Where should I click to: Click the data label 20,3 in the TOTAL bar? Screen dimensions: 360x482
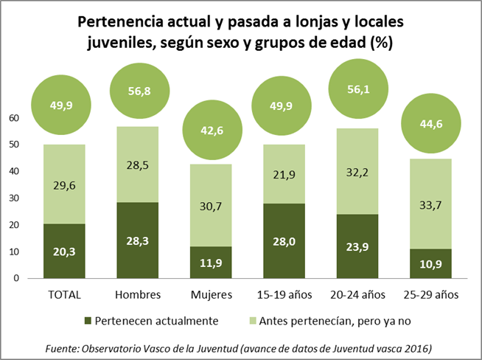(64, 251)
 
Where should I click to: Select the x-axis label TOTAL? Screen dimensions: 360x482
(64, 295)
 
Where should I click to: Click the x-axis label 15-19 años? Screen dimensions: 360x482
(284, 295)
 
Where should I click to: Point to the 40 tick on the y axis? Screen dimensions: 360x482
(13, 171)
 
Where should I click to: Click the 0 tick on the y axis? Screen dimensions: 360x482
(15, 278)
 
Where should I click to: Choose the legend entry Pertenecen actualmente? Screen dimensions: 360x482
(153, 320)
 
